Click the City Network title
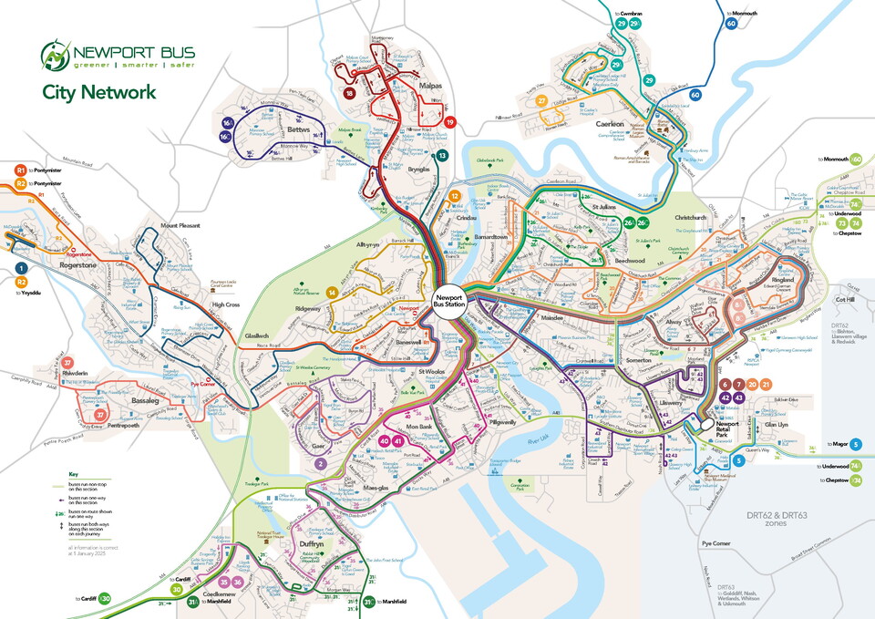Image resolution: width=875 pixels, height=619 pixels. pos(98,92)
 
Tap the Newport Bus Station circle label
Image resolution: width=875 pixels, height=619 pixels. pos(449,302)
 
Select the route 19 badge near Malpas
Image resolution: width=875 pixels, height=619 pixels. pos(449,123)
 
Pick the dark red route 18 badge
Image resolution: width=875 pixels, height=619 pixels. pos(349,93)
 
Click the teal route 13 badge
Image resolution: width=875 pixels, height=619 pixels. pos(442,156)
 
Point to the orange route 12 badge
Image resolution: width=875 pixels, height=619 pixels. pos(455,195)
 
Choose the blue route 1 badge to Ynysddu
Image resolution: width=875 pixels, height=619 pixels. pos(20,268)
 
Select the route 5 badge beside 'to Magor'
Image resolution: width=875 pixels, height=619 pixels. pos(856,444)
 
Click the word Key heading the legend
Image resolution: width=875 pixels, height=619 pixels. pos(73,474)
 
